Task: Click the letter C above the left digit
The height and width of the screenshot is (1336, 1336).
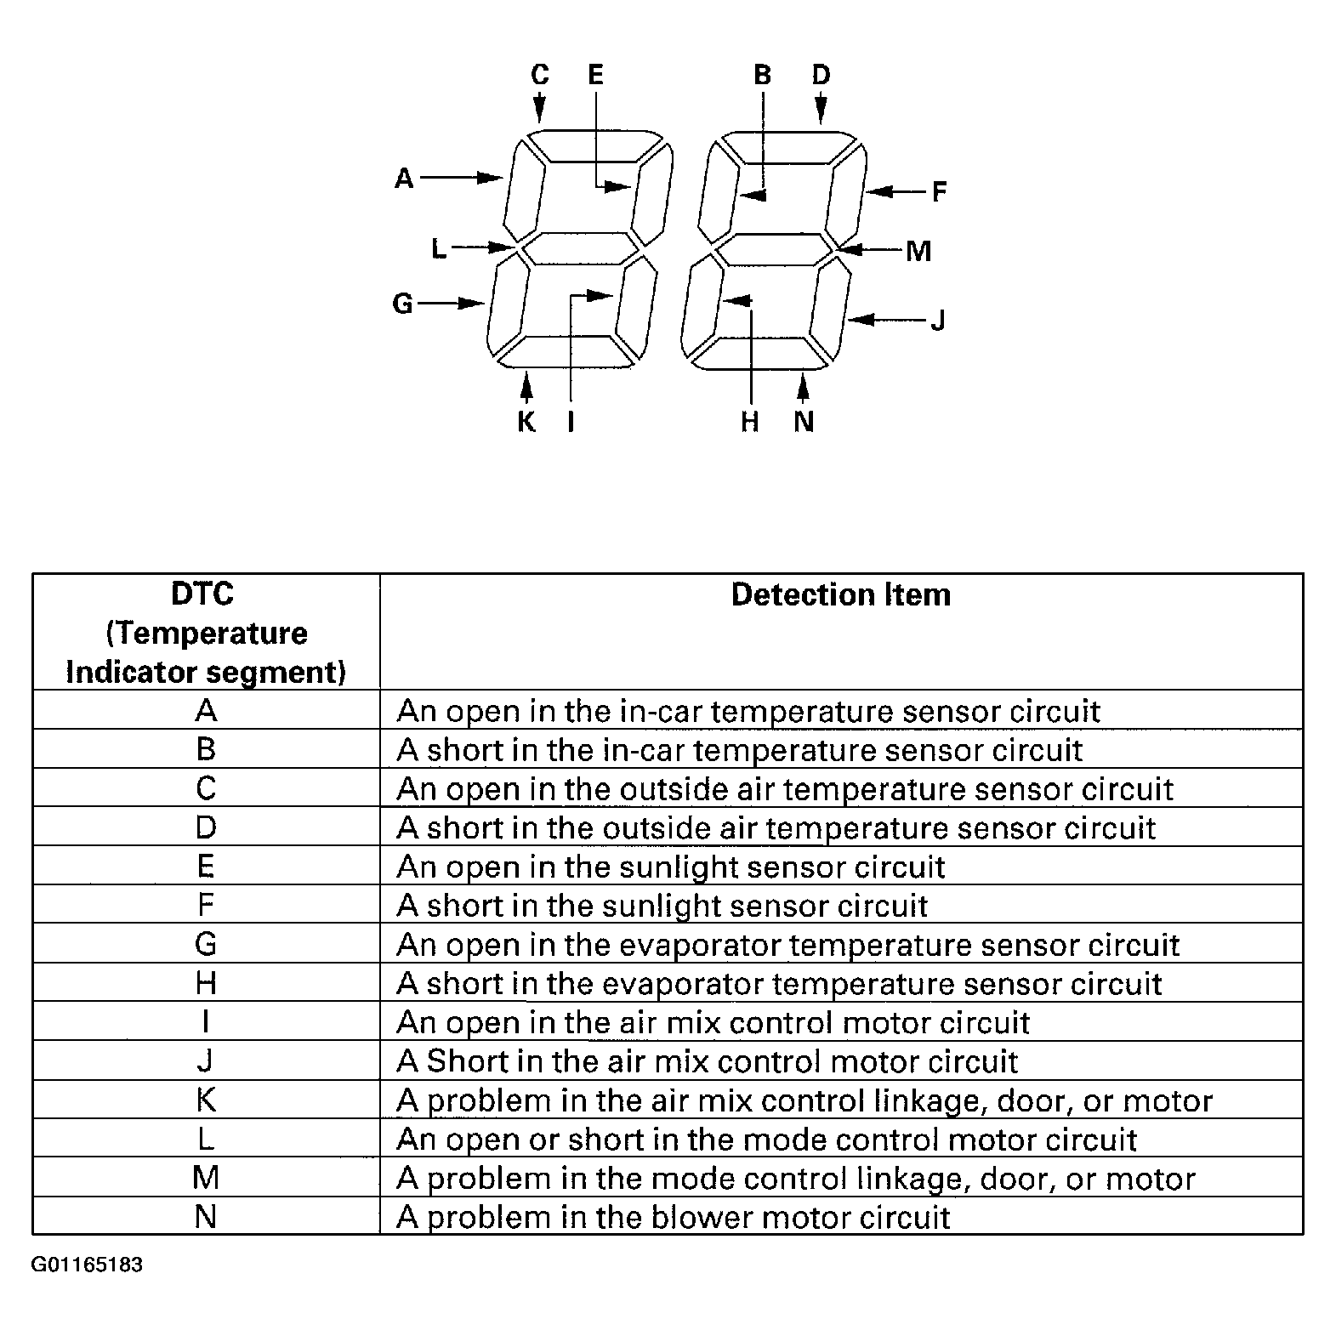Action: (540, 75)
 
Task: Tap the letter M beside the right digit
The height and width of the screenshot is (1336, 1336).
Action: (918, 251)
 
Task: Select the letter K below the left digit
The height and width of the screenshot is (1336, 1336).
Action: (526, 422)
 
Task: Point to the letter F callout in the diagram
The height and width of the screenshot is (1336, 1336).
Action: (939, 191)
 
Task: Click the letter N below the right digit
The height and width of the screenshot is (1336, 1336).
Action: (804, 422)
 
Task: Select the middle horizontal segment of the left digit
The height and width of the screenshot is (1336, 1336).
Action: (579, 250)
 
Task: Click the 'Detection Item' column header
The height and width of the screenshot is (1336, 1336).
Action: (840, 594)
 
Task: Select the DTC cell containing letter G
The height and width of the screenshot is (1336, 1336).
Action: (206, 944)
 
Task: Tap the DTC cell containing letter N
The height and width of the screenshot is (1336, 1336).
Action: (206, 1217)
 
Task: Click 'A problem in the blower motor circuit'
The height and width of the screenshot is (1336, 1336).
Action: (673, 1217)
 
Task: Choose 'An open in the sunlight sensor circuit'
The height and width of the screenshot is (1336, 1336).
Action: (671, 867)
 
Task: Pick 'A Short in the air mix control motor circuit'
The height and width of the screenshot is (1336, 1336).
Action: (707, 1061)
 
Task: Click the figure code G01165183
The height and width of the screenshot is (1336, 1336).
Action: (87, 1265)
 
